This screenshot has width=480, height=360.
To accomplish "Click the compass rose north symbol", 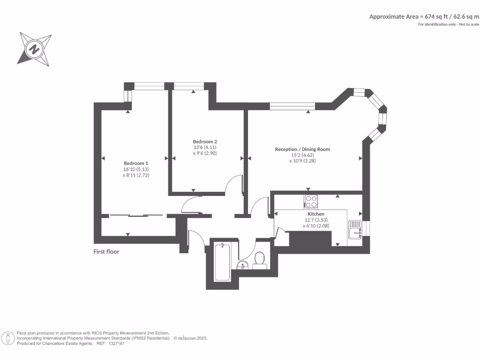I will [x=34, y=48].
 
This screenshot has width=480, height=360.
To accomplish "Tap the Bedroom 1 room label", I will [x=136, y=163].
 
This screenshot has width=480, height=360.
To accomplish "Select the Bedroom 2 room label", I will [x=205, y=142].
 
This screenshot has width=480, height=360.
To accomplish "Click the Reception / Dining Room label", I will [x=302, y=149].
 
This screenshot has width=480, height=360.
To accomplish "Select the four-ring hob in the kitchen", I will [x=311, y=201].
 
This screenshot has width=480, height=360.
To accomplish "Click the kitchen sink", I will [x=355, y=230].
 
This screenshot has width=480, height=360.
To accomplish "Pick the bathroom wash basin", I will [x=242, y=266].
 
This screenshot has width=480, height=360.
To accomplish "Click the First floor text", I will [x=106, y=252].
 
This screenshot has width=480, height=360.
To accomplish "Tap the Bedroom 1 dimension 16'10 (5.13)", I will [x=136, y=169].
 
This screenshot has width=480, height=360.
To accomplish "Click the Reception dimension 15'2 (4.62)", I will [x=302, y=155].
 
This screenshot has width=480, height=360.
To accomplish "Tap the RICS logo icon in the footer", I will [x=8, y=338].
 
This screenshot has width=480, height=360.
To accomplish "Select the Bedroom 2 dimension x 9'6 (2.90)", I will [x=205, y=153].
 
